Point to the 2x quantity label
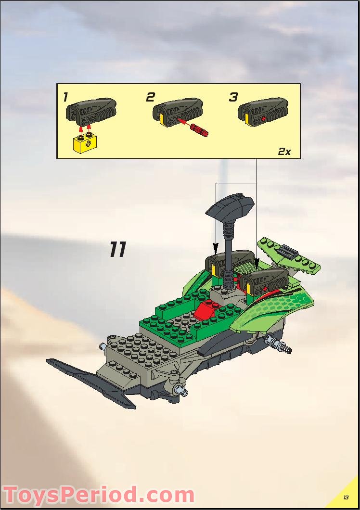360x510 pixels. pyautogui.click(x=284, y=151)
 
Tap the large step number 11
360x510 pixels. pyautogui.click(x=117, y=250)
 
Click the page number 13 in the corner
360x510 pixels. pyautogui.click(x=346, y=497)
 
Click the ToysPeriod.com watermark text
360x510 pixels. pyautogui.click(x=99, y=495)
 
